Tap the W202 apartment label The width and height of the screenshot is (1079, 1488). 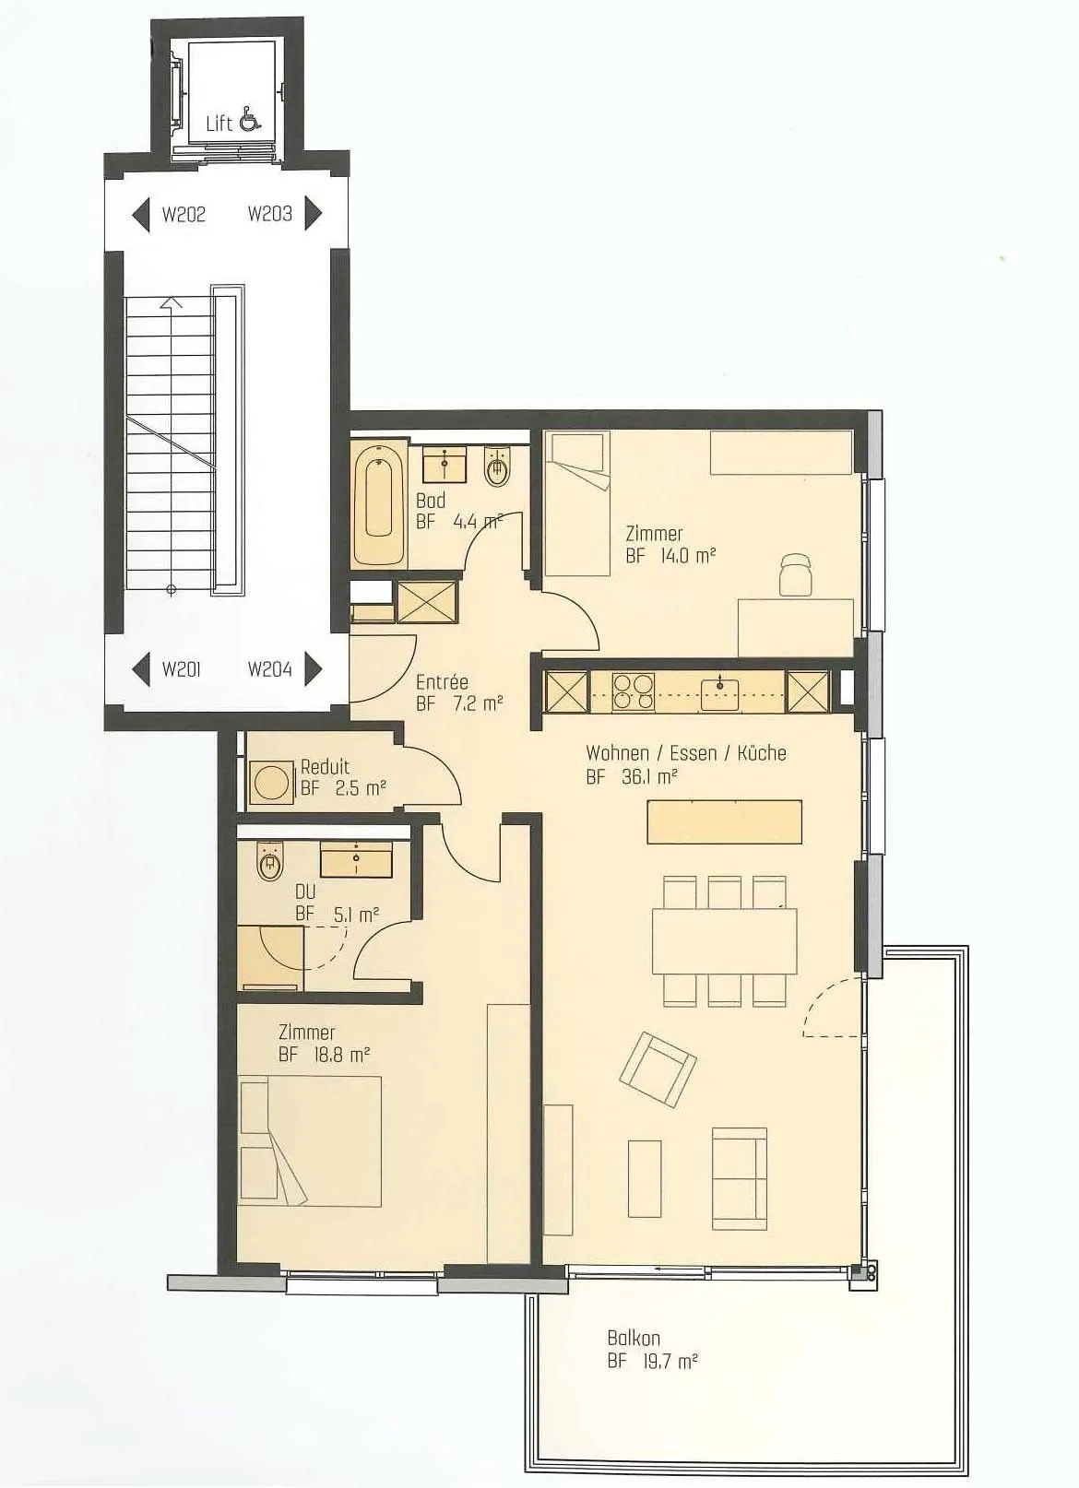point(184,215)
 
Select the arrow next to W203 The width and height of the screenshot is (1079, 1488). point(313,213)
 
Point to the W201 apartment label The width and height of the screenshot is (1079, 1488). point(182,669)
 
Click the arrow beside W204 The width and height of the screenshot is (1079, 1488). point(313,668)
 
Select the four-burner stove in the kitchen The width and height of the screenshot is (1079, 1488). point(633,691)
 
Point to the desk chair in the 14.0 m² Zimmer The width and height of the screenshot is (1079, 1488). point(796,575)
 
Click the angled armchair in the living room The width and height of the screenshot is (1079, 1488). point(658,1069)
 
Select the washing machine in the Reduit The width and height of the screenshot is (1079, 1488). point(271,783)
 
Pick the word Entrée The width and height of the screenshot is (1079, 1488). point(442,681)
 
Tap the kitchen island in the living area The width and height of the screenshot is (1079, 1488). point(725,821)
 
